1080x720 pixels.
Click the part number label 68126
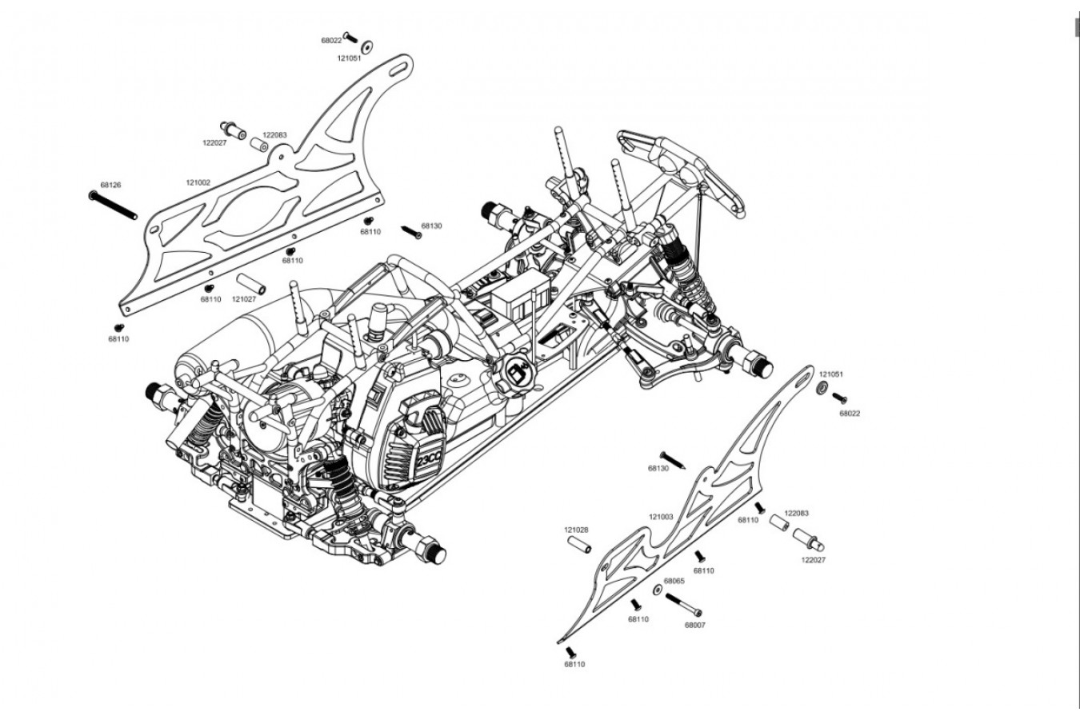pyautogui.click(x=110, y=185)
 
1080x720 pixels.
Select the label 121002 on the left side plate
pyautogui.click(x=198, y=182)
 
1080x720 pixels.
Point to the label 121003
pyautogui.click(x=662, y=517)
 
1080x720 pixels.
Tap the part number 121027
pyautogui.click(x=244, y=299)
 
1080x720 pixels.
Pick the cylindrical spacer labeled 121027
pyautogui.click(x=250, y=283)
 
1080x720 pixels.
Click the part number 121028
pyautogui.click(x=576, y=530)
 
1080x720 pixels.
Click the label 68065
pyautogui.click(x=674, y=581)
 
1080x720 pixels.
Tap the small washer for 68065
pyautogui.click(x=657, y=589)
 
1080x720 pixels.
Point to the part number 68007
pyautogui.click(x=695, y=626)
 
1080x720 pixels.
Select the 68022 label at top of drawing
pyautogui.click(x=331, y=40)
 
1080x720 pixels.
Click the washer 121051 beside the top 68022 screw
pyautogui.click(x=367, y=45)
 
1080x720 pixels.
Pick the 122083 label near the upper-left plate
pyautogui.click(x=274, y=135)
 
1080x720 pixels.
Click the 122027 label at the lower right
pyautogui.click(x=813, y=560)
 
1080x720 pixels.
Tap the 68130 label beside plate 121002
pyautogui.click(x=431, y=226)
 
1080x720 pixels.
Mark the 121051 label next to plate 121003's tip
pyautogui.click(x=830, y=374)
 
